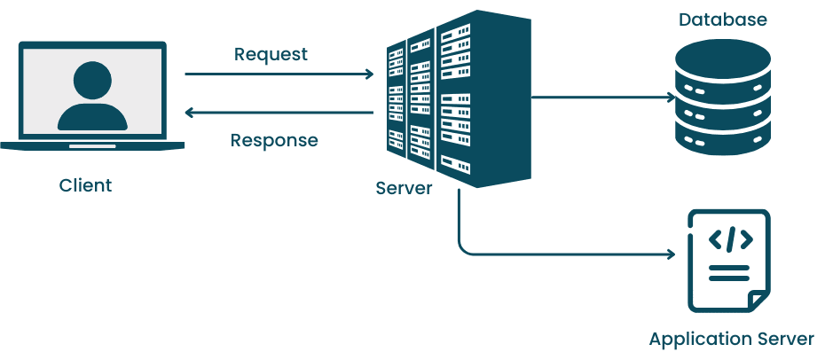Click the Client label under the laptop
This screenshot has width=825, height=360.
[86, 185]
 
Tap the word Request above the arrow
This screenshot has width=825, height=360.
[271, 54]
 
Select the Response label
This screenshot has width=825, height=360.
[274, 140]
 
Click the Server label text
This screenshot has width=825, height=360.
[404, 188]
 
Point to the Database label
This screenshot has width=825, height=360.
[722, 20]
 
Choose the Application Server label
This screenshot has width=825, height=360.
[731, 340]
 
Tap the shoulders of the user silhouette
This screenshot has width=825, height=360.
[92, 118]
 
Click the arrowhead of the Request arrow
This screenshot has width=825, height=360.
[369, 74]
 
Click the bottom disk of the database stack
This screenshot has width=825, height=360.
[722, 140]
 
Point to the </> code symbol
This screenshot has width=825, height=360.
[730, 239]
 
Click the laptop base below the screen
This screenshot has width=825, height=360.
[92, 145]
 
